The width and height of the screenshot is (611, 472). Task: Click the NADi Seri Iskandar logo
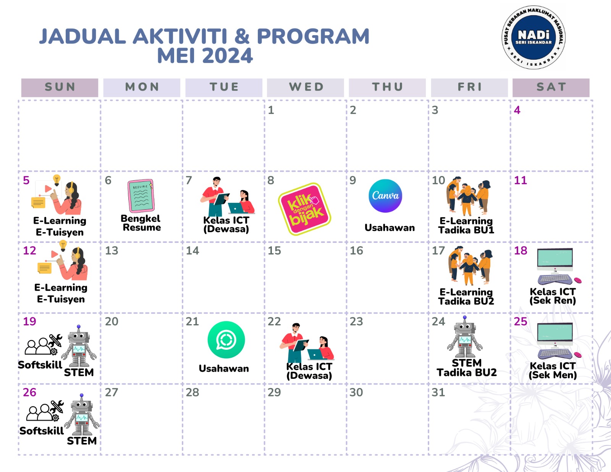point(533,37)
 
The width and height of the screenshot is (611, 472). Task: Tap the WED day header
point(306,87)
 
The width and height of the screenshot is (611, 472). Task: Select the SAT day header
point(551,87)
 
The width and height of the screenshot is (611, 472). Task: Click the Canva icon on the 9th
point(385,196)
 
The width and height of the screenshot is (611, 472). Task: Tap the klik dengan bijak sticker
point(305,209)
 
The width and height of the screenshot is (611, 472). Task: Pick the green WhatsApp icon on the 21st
point(226,340)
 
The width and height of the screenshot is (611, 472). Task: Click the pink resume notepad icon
point(141,196)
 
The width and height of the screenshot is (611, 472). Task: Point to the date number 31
point(438,393)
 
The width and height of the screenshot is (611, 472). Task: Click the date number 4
point(517,110)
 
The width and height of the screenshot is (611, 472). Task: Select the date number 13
point(112,251)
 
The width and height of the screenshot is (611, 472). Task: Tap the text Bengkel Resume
point(141,223)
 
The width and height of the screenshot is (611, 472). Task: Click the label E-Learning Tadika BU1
point(466,225)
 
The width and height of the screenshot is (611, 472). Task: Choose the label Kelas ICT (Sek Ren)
point(553,296)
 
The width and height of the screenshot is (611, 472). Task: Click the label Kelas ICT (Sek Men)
point(553,370)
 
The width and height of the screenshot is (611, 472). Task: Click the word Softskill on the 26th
point(42,431)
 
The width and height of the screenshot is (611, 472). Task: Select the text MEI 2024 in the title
point(205,56)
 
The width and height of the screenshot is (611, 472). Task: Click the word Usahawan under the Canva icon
point(390,228)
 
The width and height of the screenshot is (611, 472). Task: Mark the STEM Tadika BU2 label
point(467,367)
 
